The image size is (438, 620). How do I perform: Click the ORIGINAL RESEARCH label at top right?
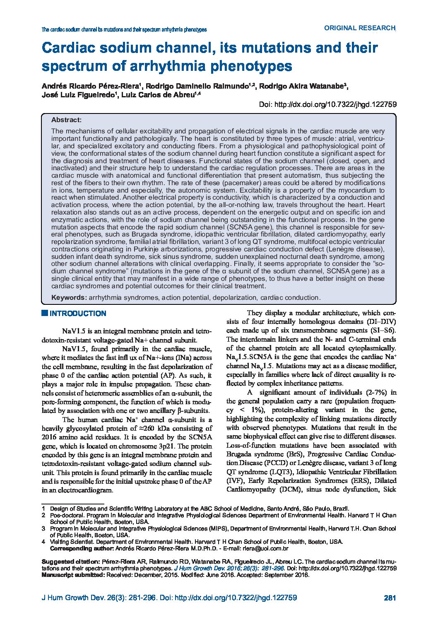(359, 28)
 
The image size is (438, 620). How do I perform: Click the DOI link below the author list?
(327, 105)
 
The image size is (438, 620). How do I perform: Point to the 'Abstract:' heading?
(66, 120)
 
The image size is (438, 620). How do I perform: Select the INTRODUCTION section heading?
(78, 314)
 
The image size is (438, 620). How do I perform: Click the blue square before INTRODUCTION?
(45, 313)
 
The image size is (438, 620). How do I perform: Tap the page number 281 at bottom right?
(390, 598)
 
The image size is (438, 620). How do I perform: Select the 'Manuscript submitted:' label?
(73, 575)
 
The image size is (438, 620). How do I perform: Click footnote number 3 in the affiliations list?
(43, 528)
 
